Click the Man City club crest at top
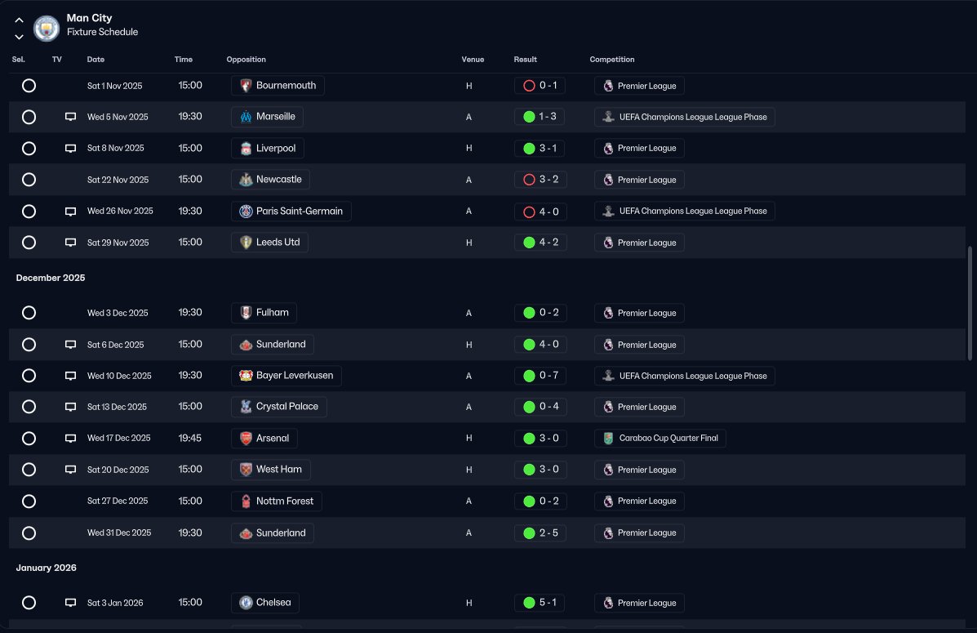click(46, 28)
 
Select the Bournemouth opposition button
click(278, 86)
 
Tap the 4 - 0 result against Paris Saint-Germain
click(540, 212)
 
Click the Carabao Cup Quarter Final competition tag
click(659, 439)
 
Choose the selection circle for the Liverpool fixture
click(29, 149)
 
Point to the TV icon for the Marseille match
click(70, 117)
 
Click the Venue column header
click(473, 60)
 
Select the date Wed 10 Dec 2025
click(119, 376)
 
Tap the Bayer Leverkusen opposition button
click(286, 376)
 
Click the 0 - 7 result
click(540, 376)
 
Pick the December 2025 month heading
click(51, 278)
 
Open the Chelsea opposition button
click(264, 603)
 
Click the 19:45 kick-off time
click(190, 438)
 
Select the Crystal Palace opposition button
click(278, 407)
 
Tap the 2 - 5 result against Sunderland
click(540, 533)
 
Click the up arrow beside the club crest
click(20, 20)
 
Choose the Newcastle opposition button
click(270, 180)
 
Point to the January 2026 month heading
click(46, 568)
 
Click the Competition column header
click(612, 60)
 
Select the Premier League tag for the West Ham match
click(639, 470)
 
